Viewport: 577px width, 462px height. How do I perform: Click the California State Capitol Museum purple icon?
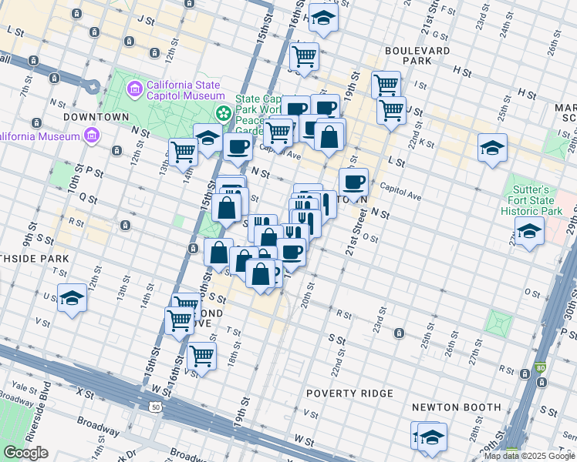tap(136, 90)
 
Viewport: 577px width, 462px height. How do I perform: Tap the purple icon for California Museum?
tap(92, 136)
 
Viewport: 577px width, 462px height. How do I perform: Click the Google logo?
tap(25, 453)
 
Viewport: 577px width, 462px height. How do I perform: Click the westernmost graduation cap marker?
tap(72, 297)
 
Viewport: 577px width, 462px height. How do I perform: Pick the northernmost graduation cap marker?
tap(324, 17)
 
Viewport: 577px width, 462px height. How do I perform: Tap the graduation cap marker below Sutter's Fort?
tap(529, 231)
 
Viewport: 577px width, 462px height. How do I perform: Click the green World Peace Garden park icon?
tap(224, 114)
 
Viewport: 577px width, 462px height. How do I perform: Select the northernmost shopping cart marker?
tap(304, 55)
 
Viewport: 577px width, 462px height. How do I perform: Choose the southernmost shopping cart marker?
tap(201, 357)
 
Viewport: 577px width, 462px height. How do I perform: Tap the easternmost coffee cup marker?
tap(353, 182)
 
